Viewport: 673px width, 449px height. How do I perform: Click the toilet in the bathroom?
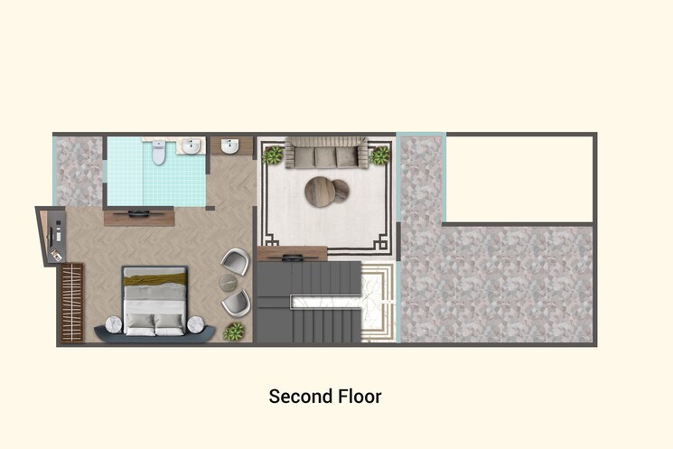159,154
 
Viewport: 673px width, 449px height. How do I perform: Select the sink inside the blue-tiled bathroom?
191,146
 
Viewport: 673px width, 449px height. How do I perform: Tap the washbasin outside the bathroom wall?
230,146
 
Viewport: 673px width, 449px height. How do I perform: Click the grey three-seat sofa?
325,154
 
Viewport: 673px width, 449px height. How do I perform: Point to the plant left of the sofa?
273,155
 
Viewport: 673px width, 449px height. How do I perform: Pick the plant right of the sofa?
379,155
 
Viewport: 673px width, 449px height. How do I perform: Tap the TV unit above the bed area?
138,217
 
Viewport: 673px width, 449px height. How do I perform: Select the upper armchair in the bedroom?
236,263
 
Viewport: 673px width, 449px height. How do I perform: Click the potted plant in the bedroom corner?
235,332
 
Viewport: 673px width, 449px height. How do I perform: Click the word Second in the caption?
295,397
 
